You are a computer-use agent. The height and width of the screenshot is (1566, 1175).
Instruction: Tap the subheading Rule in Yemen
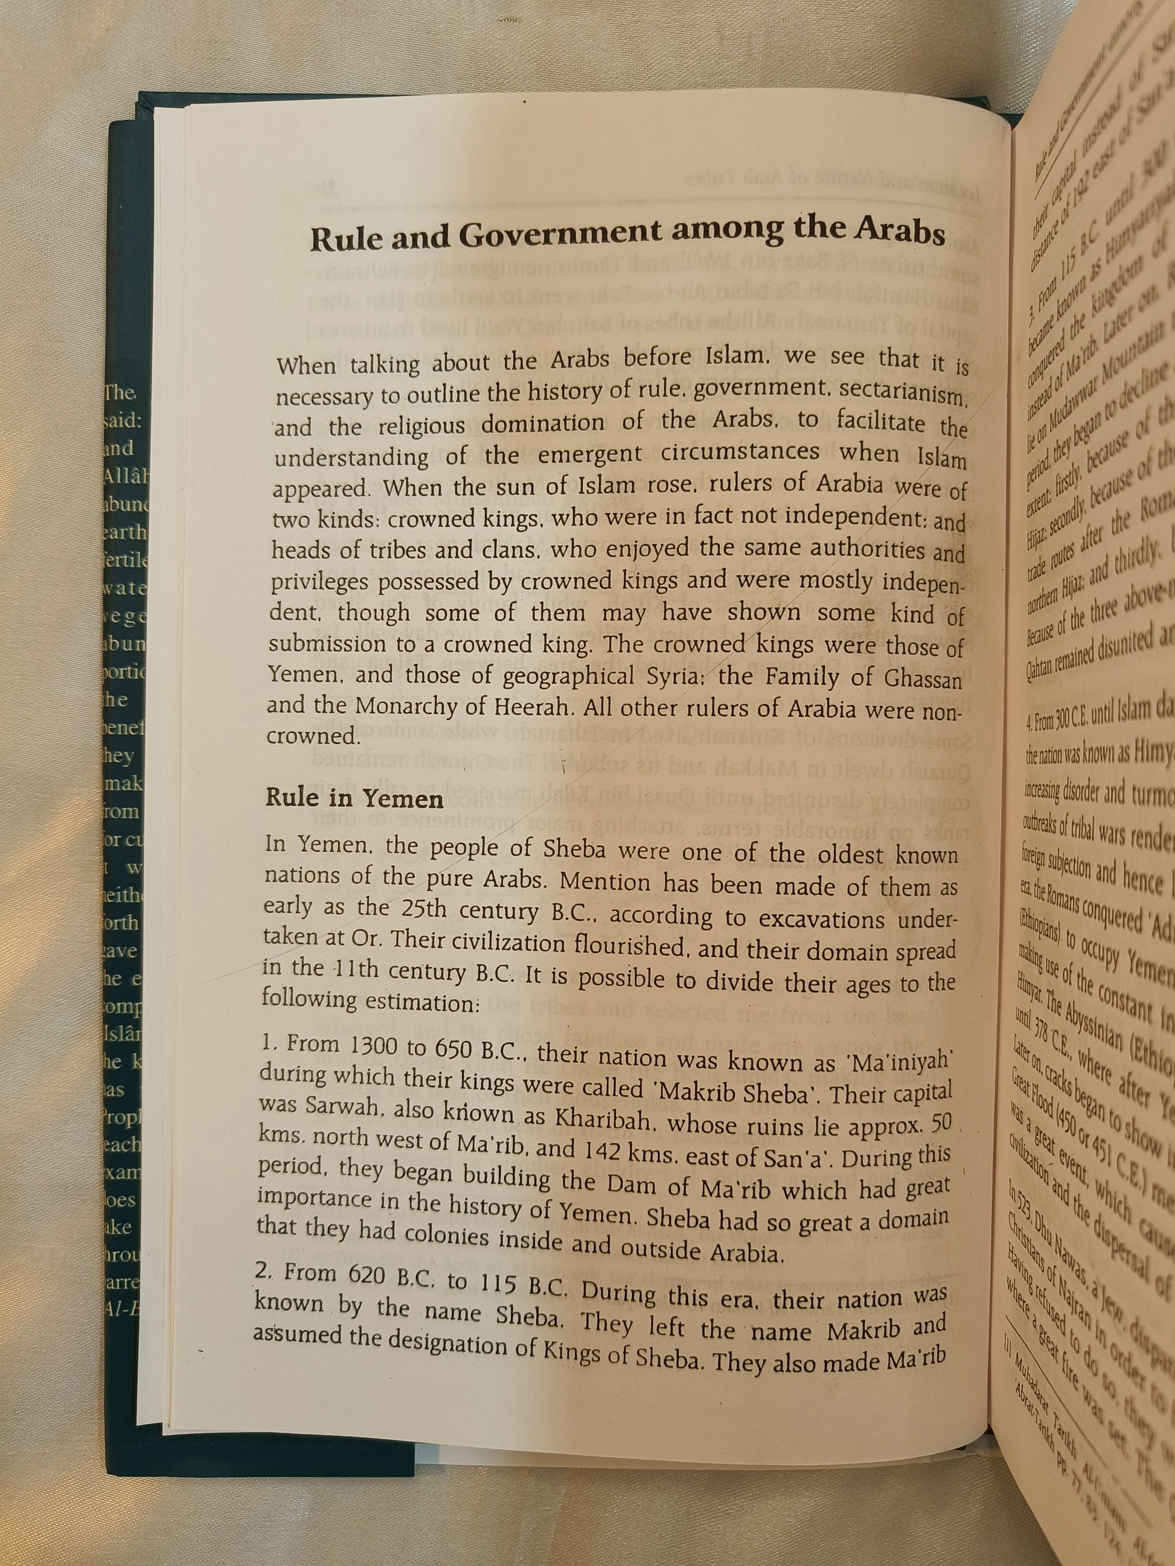point(354,798)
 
